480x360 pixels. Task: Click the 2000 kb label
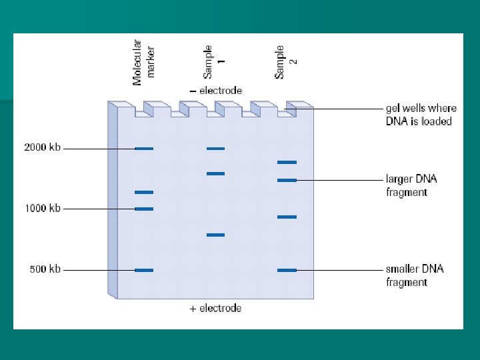pos(42,148)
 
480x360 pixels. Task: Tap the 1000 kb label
pos(42,209)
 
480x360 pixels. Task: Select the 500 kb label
pos(45,270)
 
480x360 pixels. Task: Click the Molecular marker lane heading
pos(143,62)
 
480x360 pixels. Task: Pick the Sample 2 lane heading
pos(286,62)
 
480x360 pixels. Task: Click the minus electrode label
pos(215,91)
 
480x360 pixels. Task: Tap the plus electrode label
pos(215,309)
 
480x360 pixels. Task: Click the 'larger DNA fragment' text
pos(411,186)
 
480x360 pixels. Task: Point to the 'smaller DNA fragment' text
pos(415,276)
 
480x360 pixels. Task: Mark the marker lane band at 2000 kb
pos(144,149)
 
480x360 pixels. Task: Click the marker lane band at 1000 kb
pos(144,209)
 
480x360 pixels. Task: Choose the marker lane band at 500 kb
pos(144,271)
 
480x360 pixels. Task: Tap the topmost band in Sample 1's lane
pos(215,149)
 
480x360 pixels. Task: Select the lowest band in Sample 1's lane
pos(215,235)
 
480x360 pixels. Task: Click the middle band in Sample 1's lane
pos(215,174)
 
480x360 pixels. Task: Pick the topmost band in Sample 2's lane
pos(287,162)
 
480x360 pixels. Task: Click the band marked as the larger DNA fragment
pos(287,180)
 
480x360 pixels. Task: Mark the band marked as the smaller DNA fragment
pos(287,270)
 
